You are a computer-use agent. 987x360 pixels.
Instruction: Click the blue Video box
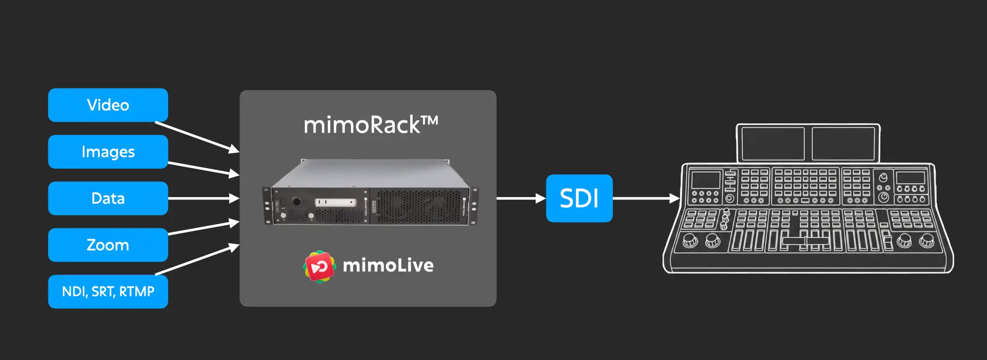[108, 105]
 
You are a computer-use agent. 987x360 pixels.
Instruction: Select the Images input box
[108, 152]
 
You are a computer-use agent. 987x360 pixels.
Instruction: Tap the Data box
[108, 198]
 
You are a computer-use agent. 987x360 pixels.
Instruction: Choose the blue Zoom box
[108, 245]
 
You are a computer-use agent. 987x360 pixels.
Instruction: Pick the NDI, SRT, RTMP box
[108, 292]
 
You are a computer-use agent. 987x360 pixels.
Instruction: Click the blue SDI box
[579, 198]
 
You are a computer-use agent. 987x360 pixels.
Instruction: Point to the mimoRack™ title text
[370, 125]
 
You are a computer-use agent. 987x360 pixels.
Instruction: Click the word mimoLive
[388, 265]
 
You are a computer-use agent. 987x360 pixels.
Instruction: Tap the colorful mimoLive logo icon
[319, 266]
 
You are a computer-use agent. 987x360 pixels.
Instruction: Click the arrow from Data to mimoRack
[203, 198]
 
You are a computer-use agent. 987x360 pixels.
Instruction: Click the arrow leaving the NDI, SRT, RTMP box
[198, 260]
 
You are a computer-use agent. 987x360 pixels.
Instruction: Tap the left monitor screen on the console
[773, 143]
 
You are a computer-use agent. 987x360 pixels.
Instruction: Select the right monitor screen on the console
[843, 143]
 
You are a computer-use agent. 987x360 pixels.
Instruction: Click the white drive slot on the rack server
[336, 202]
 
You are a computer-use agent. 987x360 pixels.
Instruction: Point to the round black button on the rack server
[297, 202]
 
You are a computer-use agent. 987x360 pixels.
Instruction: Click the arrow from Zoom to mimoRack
[203, 228]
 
